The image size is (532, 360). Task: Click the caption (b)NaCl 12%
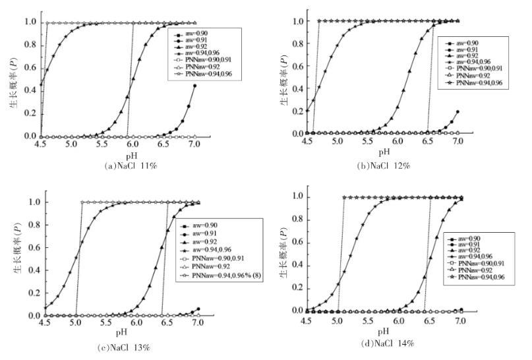[384, 166]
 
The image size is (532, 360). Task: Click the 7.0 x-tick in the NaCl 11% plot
[194, 144]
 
